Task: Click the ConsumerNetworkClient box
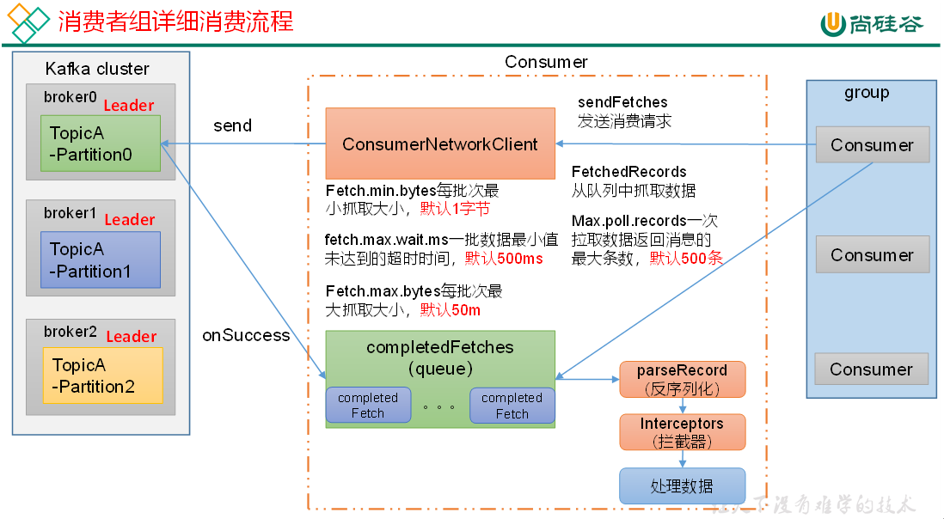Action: tap(439, 143)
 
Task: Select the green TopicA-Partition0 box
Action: tap(101, 143)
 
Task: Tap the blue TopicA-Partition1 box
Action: tap(101, 259)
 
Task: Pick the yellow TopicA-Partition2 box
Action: tap(102, 376)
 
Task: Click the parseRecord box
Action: tap(682, 379)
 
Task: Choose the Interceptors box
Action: tap(682, 432)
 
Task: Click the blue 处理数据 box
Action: tap(682, 485)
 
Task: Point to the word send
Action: tap(232, 125)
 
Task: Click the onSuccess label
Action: tap(246, 335)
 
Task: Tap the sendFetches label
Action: tap(622, 102)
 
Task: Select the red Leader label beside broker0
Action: tap(129, 106)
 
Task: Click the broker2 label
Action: tap(70, 332)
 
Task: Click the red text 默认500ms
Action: tap(504, 258)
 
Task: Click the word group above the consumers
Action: tap(867, 93)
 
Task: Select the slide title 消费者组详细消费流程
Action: tap(175, 21)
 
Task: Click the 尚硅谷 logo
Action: tap(871, 23)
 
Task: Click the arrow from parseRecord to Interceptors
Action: tap(682, 406)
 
